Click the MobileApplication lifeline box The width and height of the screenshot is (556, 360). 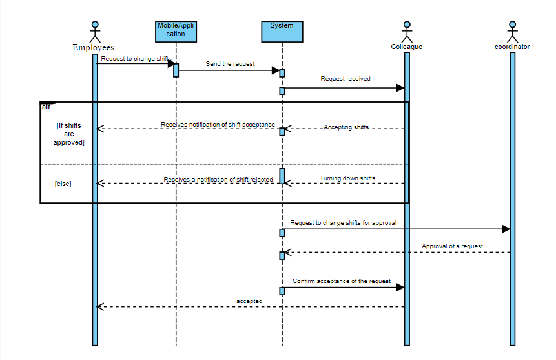(176, 30)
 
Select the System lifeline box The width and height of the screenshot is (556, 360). (282, 31)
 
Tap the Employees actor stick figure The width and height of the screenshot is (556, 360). (95, 32)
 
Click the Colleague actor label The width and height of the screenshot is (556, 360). (406, 47)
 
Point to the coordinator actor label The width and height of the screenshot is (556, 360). (512, 47)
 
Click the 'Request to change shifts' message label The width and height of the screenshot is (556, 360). (136, 59)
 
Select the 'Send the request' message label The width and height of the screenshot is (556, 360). (230, 64)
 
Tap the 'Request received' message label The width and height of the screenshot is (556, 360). (345, 79)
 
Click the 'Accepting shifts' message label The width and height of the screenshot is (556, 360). (346, 127)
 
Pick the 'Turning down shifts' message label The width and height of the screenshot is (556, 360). (347, 178)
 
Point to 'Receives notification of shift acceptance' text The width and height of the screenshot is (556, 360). (218, 125)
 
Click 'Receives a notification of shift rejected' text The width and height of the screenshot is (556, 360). (218, 180)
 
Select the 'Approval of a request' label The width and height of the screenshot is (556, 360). (452, 246)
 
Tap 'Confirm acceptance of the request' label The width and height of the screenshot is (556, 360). (342, 281)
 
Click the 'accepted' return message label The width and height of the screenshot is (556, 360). (249, 301)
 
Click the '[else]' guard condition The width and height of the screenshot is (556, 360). (63, 184)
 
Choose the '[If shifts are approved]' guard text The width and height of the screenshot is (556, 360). (69, 134)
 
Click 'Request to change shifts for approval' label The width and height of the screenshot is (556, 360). (343, 222)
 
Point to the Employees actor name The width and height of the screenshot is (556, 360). (93, 47)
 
